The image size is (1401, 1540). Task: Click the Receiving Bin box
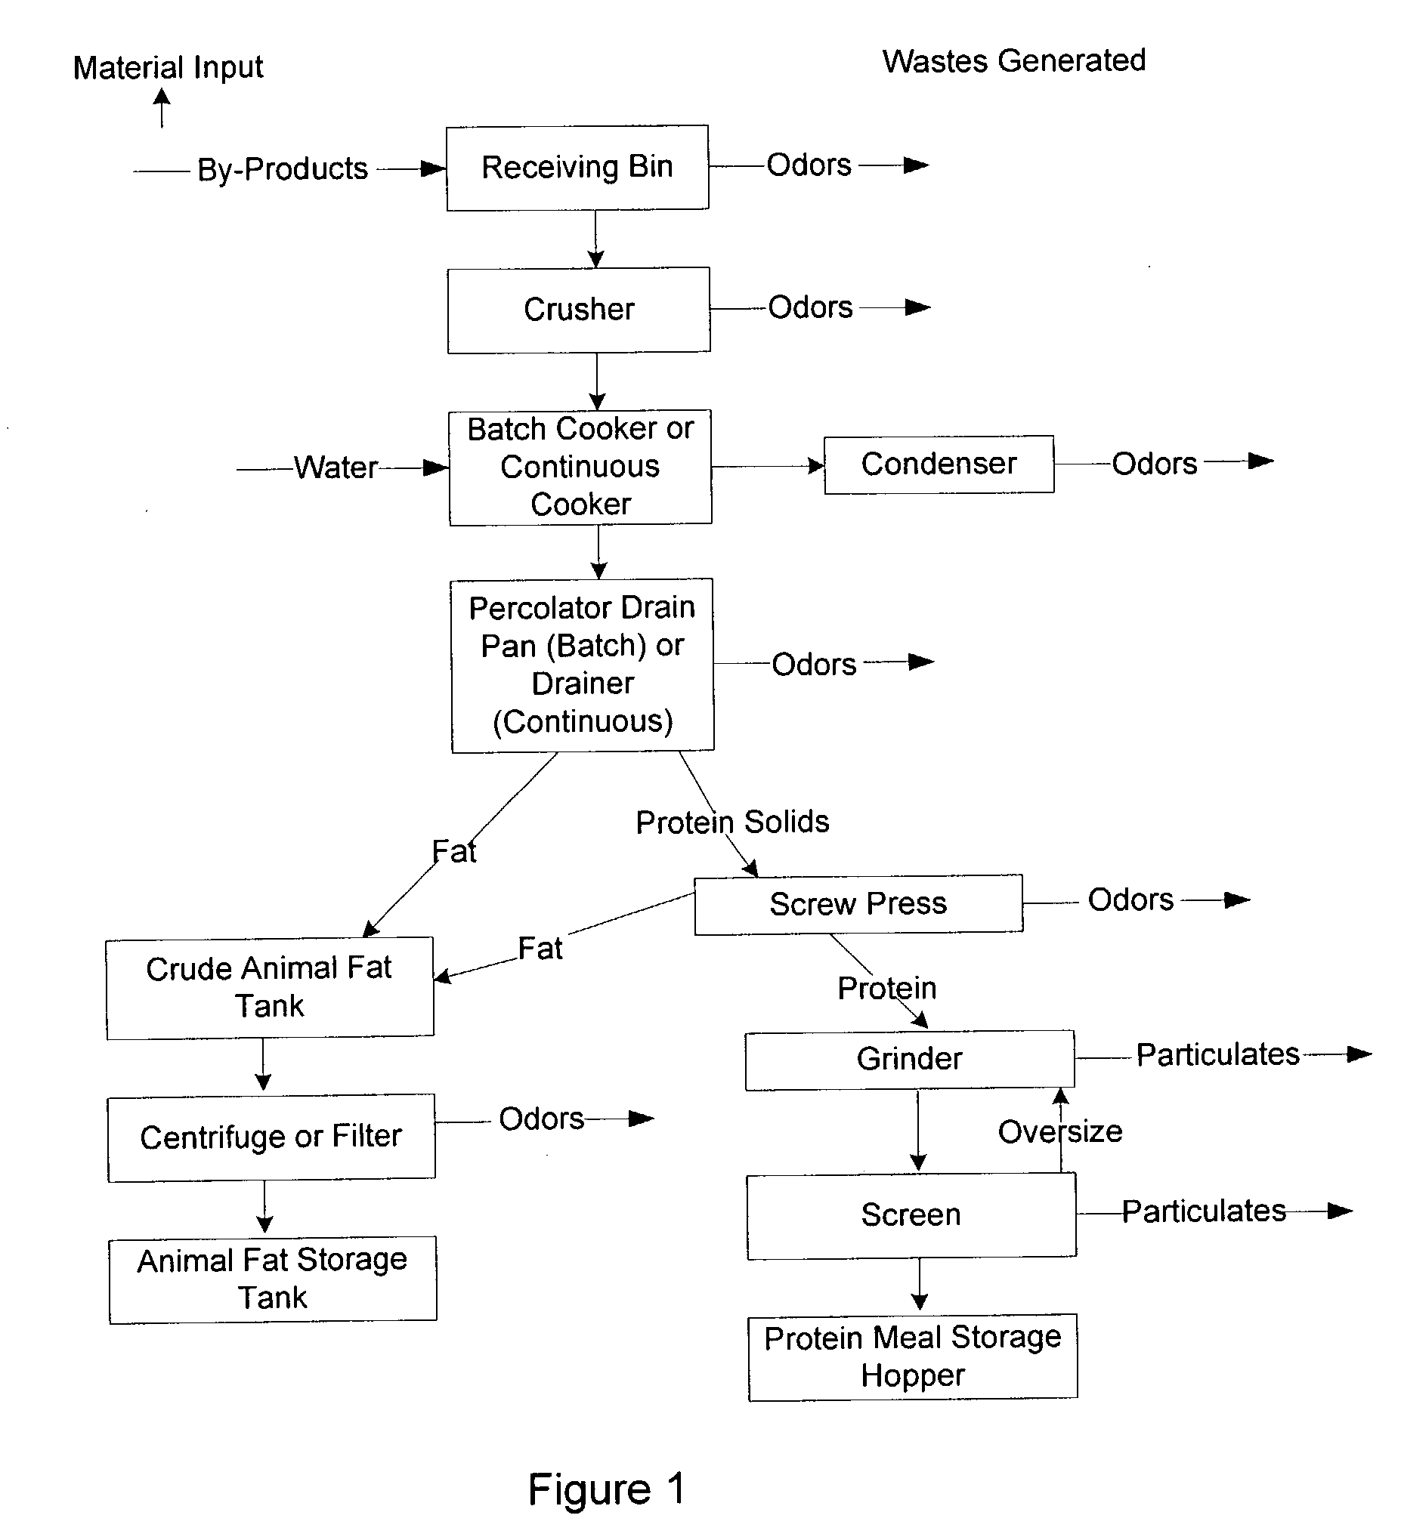point(577,167)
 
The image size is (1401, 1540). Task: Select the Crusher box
point(579,310)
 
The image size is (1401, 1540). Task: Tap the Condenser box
point(939,464)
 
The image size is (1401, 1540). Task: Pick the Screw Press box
point(858,905)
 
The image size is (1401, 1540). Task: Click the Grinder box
point(910,1060)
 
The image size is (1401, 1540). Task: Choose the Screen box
point(911,1215)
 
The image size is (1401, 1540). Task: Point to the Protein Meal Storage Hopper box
point(913,1357)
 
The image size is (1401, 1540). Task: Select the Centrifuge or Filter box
point(271,1137)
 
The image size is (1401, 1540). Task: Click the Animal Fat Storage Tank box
point(273,1279)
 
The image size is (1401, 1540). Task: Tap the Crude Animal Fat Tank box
point(270,988)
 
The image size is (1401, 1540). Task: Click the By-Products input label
point(283,169)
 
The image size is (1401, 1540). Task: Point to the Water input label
point(336,468)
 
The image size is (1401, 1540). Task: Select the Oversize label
point(1060,1131)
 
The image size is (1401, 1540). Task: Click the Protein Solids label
point(732,822)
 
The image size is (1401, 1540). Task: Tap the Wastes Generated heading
point(1013,60)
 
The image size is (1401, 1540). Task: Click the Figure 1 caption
point(607,1489)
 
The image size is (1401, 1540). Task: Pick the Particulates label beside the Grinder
point(1217,1054)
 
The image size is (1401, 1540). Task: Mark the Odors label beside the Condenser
point(1154,464)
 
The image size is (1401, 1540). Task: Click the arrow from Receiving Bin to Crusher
point(595,239)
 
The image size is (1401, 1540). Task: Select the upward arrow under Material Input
point(161,108)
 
